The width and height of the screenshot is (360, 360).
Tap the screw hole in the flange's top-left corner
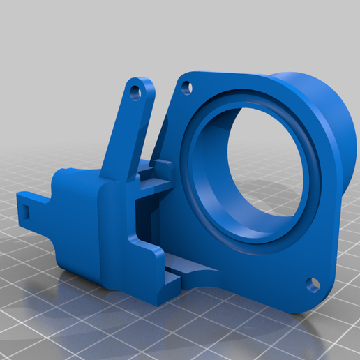(x=186, y=87)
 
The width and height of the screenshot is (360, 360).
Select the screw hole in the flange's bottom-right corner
(x=313, y=285)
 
